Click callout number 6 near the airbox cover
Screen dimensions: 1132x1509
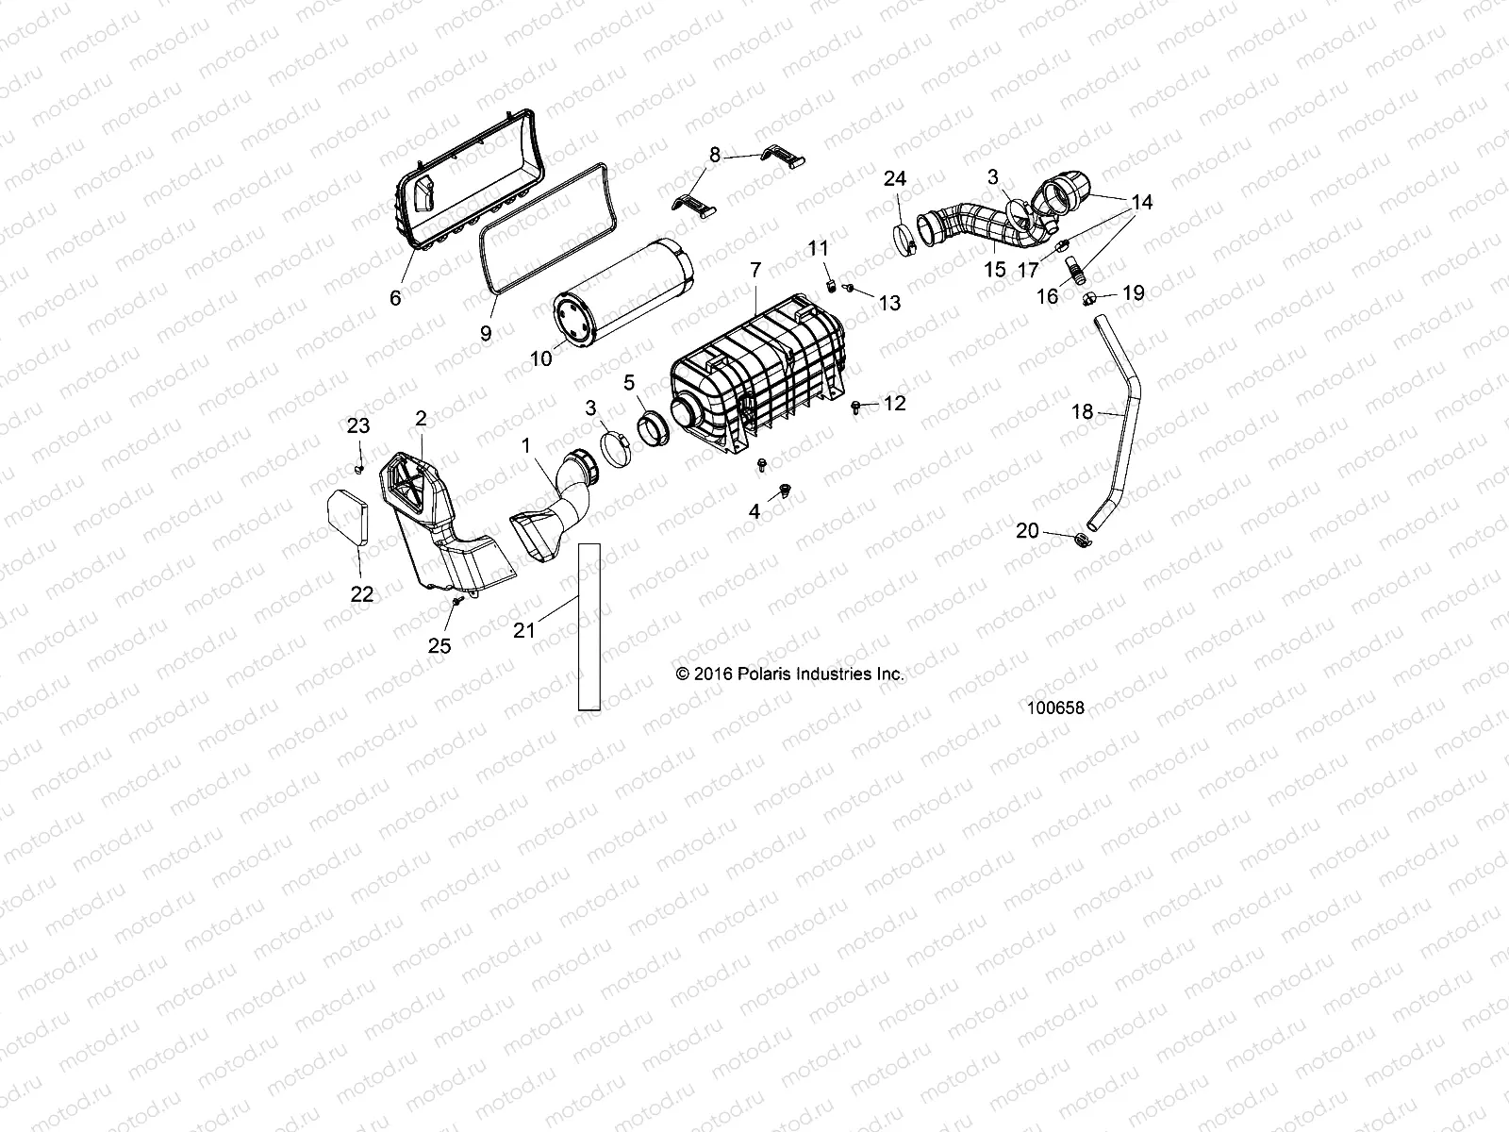(394, 297)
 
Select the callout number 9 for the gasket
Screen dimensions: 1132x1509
(486, 332)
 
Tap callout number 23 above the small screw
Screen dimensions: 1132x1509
(358, 425)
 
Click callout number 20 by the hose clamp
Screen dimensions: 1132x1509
(1027, 531)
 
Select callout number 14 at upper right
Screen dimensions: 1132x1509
(1141, 202)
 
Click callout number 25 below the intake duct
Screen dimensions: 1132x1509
(439, 645)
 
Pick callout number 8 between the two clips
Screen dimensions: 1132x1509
(714, 154)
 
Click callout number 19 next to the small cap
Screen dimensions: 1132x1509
(1133, 292)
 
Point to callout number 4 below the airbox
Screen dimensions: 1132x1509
(754, 512)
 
